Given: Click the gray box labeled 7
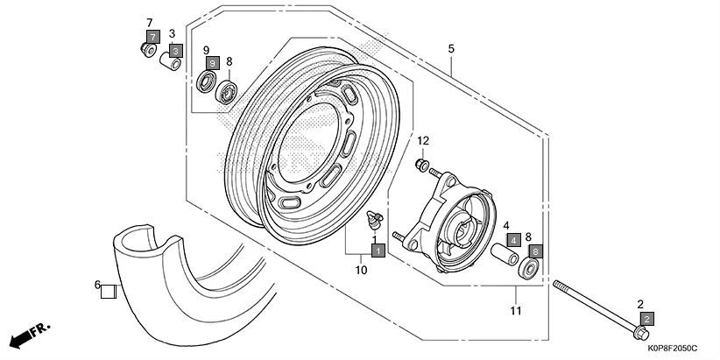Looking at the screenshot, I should click(152, 37).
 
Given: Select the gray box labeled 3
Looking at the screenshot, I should click(175, 52).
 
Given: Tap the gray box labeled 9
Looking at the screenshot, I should click(212, 63).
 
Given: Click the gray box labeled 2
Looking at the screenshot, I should click(646, 319).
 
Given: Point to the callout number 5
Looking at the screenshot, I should click(452, 49).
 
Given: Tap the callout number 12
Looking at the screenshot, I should click(423, 141).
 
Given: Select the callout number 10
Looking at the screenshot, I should click(361, 270).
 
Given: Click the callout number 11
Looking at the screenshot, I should click(516, 311).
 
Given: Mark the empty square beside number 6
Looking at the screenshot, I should click(109, 292).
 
